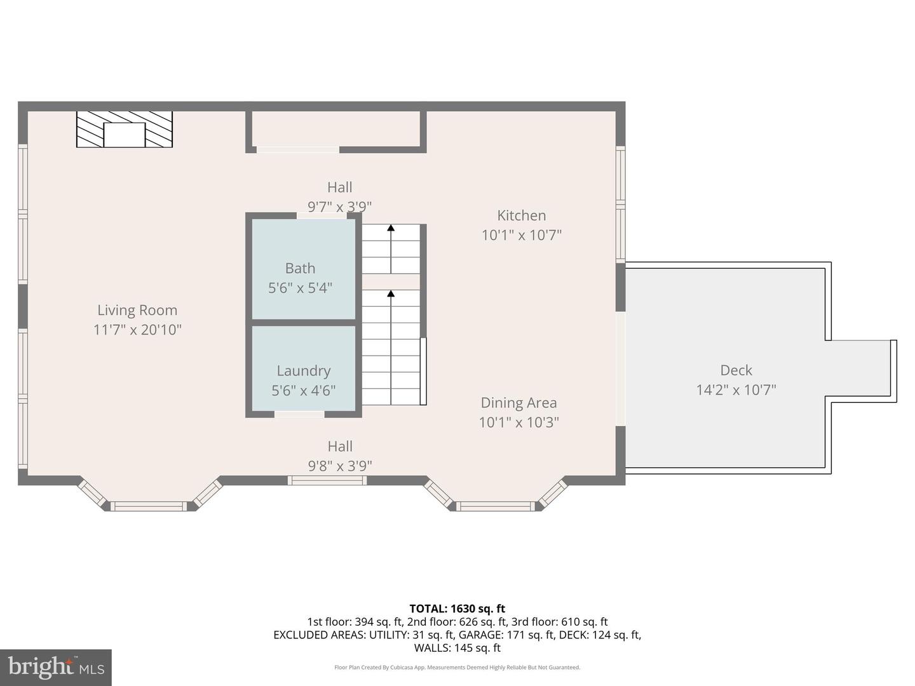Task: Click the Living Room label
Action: point(137,310)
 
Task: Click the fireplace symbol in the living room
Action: point(125,130)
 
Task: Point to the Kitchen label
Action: point(521,215)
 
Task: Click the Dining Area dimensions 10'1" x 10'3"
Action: point(518,422)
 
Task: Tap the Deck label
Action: point(736,370)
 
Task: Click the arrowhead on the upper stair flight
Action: point(391,227)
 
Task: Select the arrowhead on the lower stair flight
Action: point(391,293)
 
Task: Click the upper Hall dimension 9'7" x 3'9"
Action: point(339,206)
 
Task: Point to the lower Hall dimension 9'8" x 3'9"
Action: point(340,466)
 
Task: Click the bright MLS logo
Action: point(56,667)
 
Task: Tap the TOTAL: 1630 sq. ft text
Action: point(457,609)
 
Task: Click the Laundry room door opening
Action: point(299,414)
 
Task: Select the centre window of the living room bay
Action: point(149,506)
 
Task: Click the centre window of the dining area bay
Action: point(496,506)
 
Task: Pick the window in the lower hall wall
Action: point(327,480)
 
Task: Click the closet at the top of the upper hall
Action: point(336,130)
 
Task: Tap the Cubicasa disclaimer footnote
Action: point(457,668)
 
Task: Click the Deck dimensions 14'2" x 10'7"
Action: point(736,390)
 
